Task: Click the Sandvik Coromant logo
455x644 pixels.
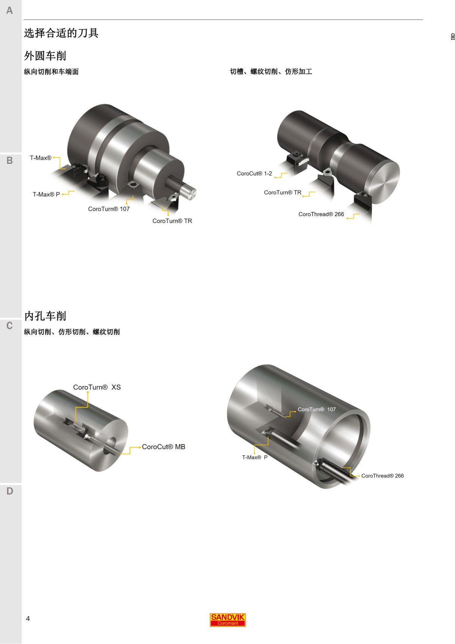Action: pos(227,620)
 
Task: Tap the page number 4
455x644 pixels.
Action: pos(28,619)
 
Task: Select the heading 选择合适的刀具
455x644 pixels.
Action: pos(61,33)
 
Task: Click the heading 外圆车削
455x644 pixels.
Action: pos(45,56)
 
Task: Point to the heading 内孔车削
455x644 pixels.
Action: pos(45,316)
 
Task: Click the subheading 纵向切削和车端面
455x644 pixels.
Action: pos(51,72)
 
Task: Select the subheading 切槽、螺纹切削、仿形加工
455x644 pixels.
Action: pos(271,72)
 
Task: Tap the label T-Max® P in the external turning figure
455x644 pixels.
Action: pos(46,195)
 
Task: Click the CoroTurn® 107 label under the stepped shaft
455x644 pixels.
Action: pos(109,209)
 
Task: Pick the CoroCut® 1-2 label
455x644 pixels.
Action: pos(254,174)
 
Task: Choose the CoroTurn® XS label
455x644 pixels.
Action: pos(97,387)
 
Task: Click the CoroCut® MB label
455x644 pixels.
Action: pos(163,447)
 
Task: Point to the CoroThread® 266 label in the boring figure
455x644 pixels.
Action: pos(382,476)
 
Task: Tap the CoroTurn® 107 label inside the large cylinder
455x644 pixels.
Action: pos(317,410)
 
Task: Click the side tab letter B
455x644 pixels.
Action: pos(9,160)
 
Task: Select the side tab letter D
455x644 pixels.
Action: pos(9,491)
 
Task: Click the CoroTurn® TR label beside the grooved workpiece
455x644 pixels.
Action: pos(282,193)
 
